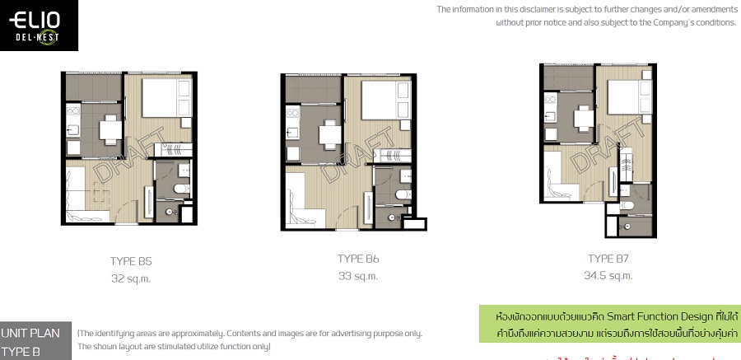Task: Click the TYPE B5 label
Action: [x=131, y=261]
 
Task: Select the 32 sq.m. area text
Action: [x=131, y=278]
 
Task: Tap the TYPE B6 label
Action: [x=358, y=259]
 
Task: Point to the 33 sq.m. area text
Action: [x=358, y=276]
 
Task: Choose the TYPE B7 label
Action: [x=609, y=258]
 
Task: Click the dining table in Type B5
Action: [x=110, y=129]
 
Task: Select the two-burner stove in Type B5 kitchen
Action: [x=72, y=129]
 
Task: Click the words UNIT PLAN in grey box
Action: [x=30, y=334]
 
